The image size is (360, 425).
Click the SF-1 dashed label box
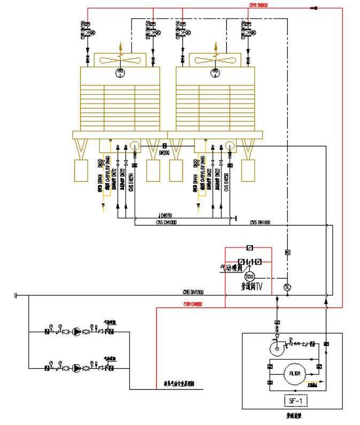click(x=295, y=399)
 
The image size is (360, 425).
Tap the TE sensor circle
click(x=287, y=288)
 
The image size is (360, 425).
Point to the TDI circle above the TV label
click(x=249, y=276)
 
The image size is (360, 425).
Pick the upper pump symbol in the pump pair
click(x=78, y=331)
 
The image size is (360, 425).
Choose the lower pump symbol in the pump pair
click(x=78, y=368)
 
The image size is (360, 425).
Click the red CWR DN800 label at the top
click(x=259, y=5)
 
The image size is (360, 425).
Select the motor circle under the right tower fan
click(x=216, y=72)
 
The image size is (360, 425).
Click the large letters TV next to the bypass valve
click(x=259, y=287)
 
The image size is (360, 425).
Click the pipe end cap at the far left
click(x=17, y=295)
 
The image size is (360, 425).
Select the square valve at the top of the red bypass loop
click(x=249, y=248)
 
